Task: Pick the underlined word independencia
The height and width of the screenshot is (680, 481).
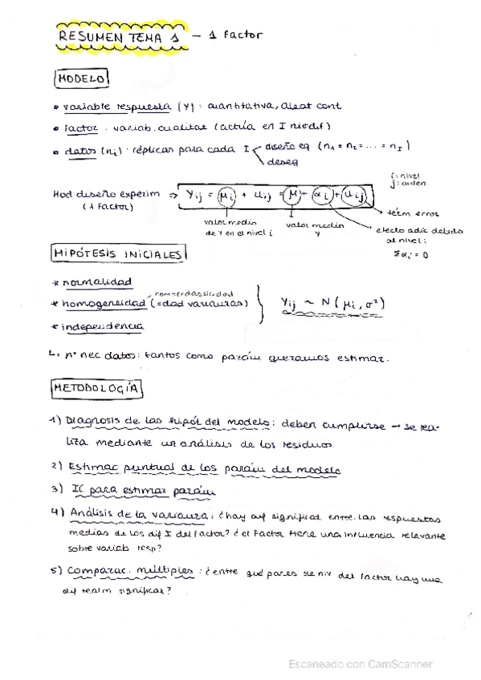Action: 106,326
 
